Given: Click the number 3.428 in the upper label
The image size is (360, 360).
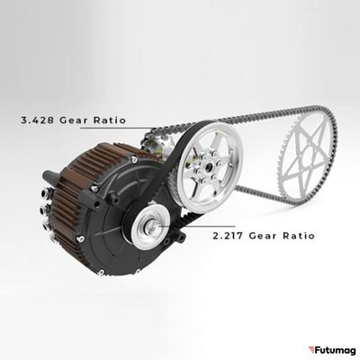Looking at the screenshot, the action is pyautogui.click(x=38, y=121).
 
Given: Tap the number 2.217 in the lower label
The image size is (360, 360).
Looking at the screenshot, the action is pyautogui.click(x=229, y=236).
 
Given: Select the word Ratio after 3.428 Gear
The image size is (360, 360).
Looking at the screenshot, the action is pyautogui.click(x=110, y=121).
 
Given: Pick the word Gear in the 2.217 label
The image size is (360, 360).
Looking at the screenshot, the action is pyautogui.click(x=263, y=236).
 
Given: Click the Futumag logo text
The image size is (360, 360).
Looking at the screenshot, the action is pyautogui.click(x=335, y=350).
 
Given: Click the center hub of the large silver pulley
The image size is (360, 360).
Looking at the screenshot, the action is pyautogui.click(x=208, y=165).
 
